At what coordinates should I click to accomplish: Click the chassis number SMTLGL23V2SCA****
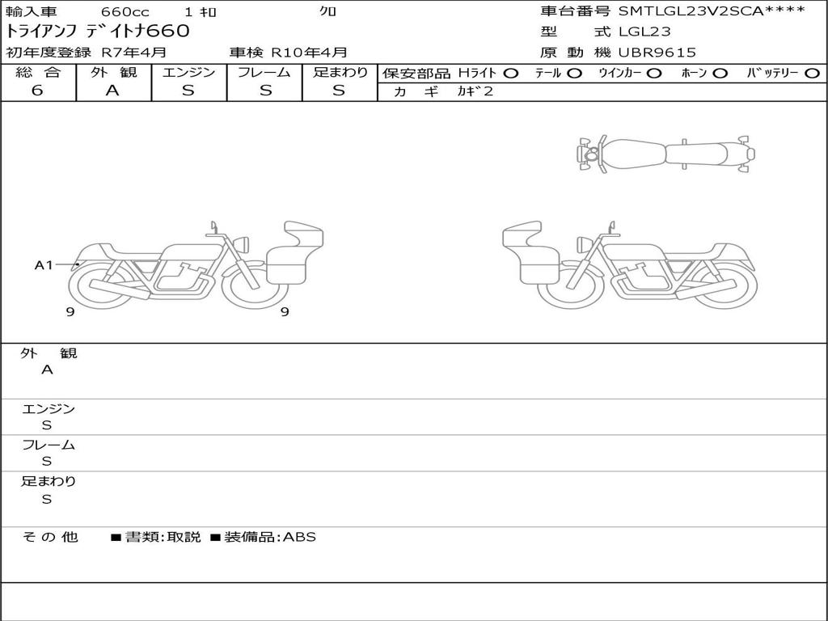coord(712,11)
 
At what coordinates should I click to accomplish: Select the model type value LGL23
coord(644,32)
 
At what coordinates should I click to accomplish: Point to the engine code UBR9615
coord(657,53)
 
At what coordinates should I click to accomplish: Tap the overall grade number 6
coord(37,91)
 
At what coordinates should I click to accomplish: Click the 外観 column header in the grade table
coord(113,72)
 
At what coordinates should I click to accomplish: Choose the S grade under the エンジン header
coord(188,91)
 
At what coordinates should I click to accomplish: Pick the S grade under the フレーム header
coord(265,91)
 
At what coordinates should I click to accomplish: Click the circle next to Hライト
coord(510,74)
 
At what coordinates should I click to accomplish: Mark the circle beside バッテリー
coord(812,74)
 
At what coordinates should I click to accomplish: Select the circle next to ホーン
coord(720,74)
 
